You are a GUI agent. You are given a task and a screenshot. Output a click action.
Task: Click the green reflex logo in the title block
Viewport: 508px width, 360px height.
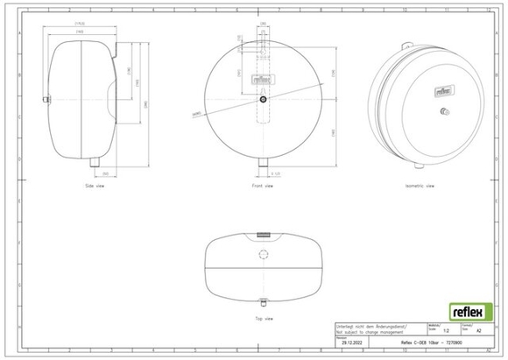click(x=469, y=311)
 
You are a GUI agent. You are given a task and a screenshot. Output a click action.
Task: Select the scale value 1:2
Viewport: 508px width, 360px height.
click(x=447, y=332)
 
